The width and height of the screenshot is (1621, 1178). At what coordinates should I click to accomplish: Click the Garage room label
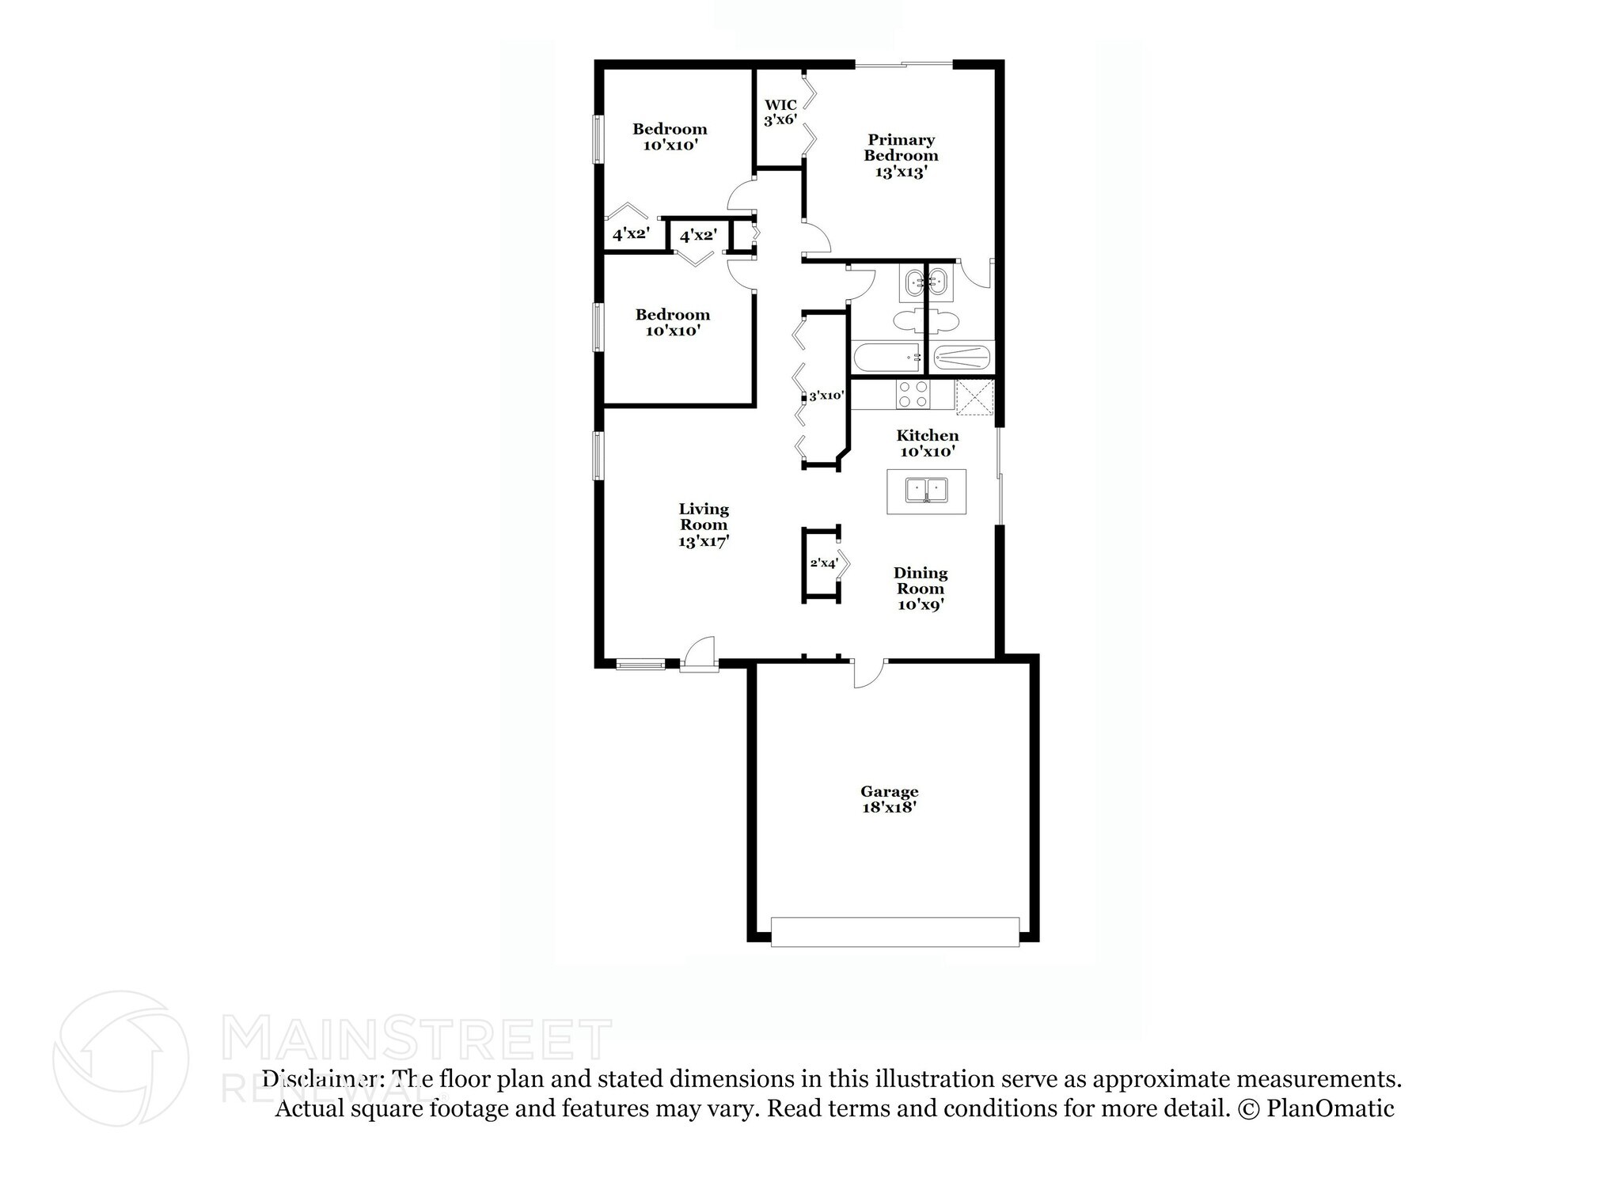[889, 791]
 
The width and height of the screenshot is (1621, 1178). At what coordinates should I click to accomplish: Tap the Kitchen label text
[927, 435]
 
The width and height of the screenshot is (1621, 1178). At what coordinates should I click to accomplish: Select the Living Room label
[704, 517]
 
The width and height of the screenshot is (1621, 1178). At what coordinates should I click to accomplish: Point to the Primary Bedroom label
[901, 148]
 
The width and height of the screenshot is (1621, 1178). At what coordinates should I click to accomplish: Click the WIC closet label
[780, 105]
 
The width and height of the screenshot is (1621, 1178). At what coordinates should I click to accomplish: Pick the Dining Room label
[921, 581]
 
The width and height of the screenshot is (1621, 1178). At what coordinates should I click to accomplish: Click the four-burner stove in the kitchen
[913, 395]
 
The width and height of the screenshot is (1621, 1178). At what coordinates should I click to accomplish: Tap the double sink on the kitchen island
[926, 491]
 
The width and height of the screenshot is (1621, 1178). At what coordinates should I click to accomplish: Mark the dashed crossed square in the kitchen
[974, 396]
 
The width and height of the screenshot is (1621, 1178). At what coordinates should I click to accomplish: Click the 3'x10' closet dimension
[826, 396]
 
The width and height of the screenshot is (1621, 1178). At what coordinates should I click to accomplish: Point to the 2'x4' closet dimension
[823, 563]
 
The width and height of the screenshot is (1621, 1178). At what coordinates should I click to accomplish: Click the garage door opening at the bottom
[894, 932]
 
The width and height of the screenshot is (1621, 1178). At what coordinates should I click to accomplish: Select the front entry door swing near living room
[700, 653]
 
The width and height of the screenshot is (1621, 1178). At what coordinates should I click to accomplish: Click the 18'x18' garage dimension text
[889, 808]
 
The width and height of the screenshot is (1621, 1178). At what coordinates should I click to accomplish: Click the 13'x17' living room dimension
[704, 542]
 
